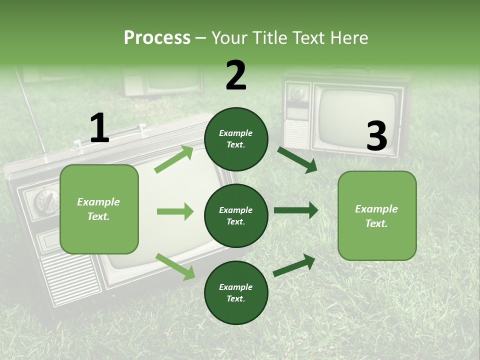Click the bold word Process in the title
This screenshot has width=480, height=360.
click(x=157, y=37)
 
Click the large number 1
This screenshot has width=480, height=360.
click(x=99, y=128)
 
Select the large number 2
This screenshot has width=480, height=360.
click(x=236, y=75)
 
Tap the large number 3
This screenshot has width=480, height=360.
click(x=376, y=136)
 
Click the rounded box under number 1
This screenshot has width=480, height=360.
click(x=99, y=209)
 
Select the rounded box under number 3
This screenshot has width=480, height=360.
click(x=377, y=215)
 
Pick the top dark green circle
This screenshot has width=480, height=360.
click(x=236, y=139)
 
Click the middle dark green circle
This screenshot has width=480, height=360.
click(x=236, y=215)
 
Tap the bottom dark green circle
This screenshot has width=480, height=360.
click(x=236, y=292)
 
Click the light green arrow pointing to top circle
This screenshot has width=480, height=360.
click(x=174, y=159)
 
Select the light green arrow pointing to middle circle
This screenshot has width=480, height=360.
click(x=175, y=211)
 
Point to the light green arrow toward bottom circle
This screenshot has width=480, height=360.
click(x=175, y=266)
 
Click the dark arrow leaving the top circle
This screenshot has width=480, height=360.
click(x=297, y=159)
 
